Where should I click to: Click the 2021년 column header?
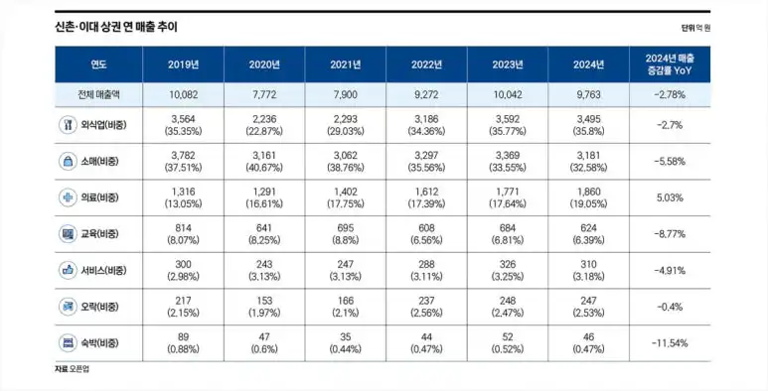346,65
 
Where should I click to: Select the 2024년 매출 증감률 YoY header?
670,65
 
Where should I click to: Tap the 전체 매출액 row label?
98,95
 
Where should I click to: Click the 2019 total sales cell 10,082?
183,95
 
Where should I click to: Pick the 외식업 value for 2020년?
264,125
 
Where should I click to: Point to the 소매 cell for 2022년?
426,162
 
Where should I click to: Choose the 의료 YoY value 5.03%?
670,197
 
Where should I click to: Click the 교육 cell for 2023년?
508,234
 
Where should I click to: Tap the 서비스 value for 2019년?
183,270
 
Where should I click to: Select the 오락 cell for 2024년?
589,307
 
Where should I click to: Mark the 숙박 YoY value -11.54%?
670,343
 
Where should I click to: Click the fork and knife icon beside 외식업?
68,125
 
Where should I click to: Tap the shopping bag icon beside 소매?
68,161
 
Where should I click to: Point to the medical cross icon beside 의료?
68,197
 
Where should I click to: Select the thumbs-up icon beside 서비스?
68,270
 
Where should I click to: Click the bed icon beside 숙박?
68,342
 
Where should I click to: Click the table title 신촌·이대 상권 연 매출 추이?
116,27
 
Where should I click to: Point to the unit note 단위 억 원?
695,28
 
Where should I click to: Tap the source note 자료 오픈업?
72,369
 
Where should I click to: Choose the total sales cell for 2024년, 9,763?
589,95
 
